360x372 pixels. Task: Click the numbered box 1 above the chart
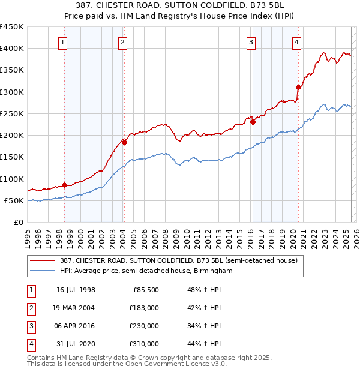63,42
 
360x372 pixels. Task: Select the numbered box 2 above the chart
122,42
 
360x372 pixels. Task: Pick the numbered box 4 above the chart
297,42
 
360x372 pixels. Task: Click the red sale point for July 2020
298,87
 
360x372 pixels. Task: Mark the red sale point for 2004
124,142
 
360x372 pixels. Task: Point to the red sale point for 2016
253,122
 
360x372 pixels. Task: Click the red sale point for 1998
64,185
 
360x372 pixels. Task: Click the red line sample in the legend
44,260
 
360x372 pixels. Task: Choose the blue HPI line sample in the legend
44,271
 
